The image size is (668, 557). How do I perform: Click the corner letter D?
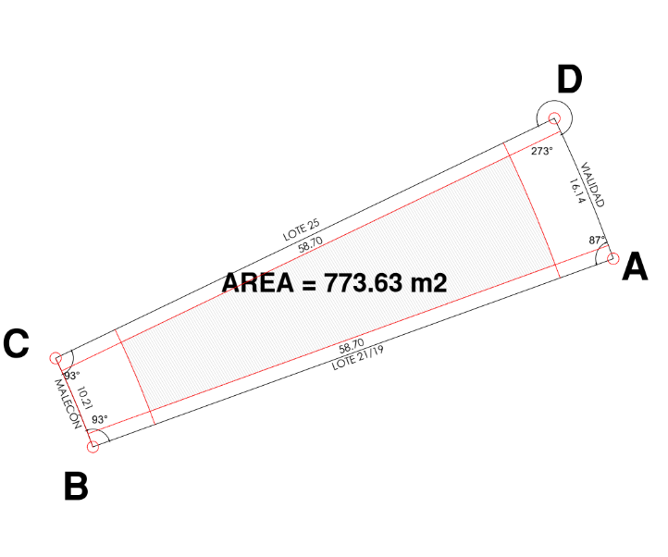[x=569, y=80]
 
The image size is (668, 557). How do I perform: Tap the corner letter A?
[x=635, y=266]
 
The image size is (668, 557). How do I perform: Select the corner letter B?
[x=76, y=486]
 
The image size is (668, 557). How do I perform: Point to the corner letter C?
[x=16, y=343]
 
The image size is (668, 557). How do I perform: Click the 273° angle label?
[x=541, y=151]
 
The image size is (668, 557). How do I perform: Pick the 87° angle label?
[x=597, y=240]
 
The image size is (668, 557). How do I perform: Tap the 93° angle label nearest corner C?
[x=71, y=376]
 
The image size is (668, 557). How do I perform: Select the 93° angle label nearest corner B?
[x=100, y=419]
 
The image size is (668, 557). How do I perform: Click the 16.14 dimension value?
[x=575, y=191]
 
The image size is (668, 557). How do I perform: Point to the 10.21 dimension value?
[x=85, y=398]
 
